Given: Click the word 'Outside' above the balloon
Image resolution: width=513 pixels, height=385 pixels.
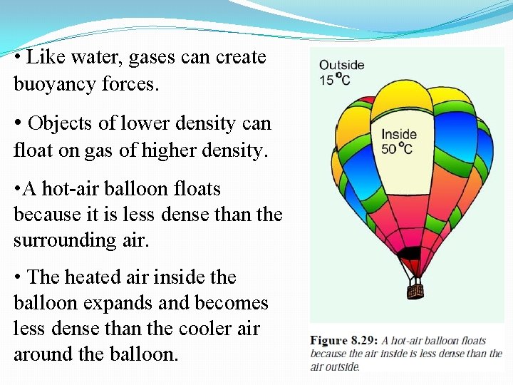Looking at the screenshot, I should point(341,65).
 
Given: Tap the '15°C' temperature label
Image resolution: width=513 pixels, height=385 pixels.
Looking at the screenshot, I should point(334,79).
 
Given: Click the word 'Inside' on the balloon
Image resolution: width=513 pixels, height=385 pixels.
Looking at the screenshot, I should point(398,134).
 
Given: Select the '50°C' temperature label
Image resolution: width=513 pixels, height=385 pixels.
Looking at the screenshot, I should point(396,148).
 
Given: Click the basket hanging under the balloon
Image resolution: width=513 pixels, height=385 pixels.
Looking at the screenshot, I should point(415,290).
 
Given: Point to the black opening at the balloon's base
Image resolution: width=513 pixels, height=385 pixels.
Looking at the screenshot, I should point(409,253).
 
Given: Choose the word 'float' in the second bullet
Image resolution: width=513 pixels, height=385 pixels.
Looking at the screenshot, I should point(29,150).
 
